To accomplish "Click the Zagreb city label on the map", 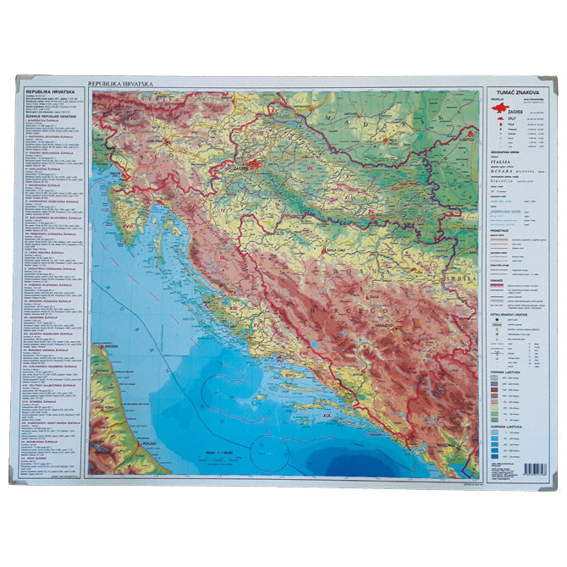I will [256, 168].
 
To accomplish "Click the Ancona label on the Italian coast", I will [109, 348].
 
